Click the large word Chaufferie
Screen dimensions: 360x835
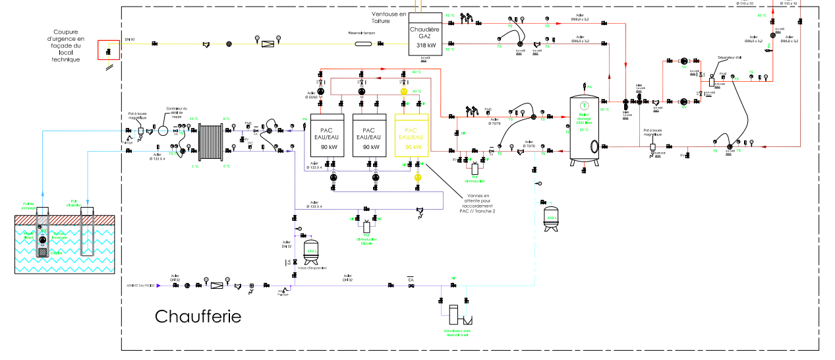click(198, 316)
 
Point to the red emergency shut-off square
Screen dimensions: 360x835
click(109, 49)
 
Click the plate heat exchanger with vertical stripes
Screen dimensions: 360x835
click(210, 140)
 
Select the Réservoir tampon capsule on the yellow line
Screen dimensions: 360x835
click(364, 44)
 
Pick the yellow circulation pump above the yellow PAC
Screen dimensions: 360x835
click(404, 91)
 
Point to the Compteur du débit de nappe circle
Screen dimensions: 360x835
click(163, 132)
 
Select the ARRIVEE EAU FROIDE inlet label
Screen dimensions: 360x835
click(141, 285)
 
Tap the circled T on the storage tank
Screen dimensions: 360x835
click(583, 105)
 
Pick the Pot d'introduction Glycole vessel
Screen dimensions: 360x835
click(366, 227)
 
